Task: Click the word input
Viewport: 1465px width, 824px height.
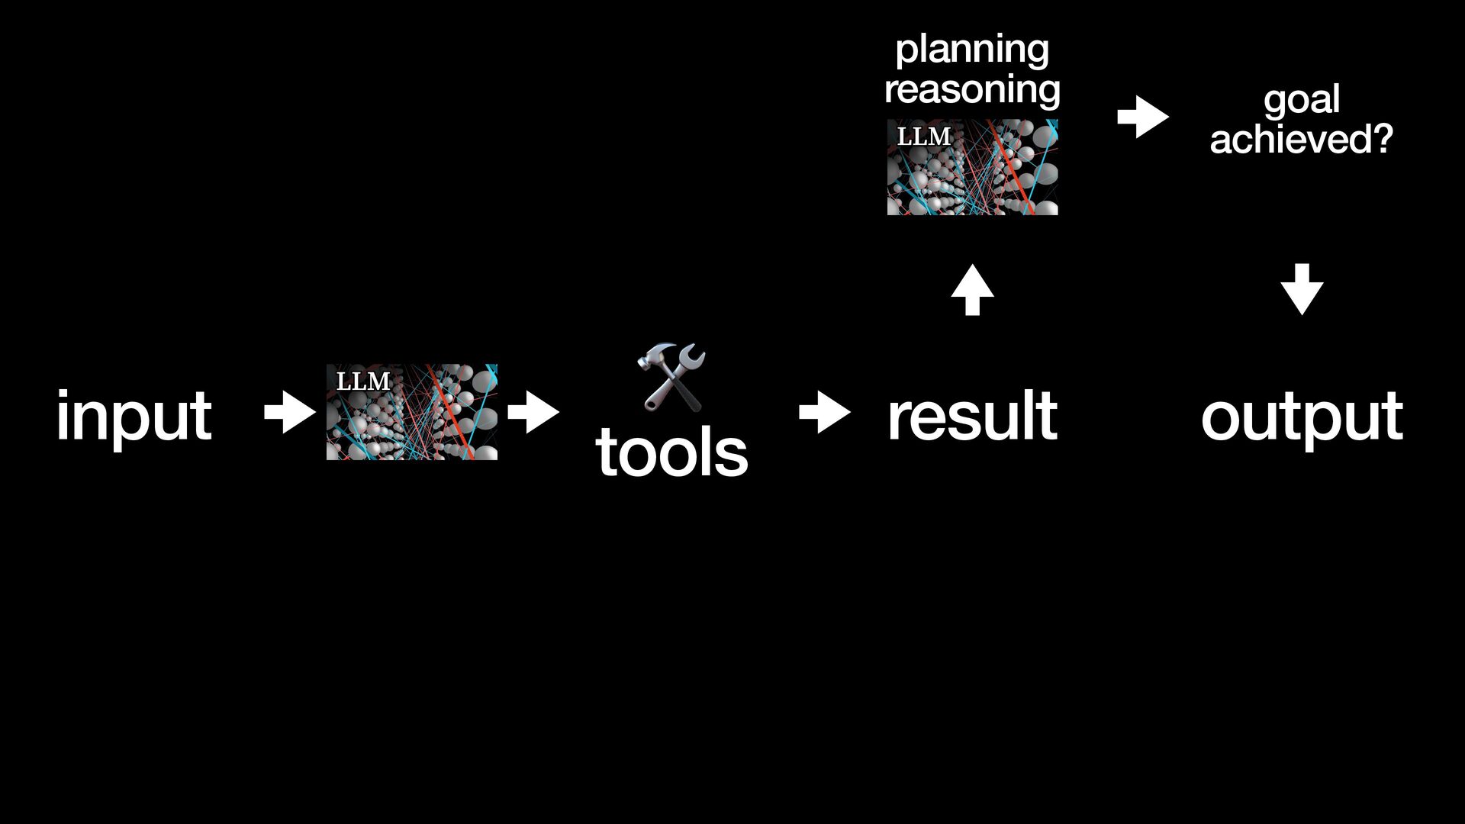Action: tap(134, 416)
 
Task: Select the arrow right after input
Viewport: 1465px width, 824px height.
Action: tap(289, 413)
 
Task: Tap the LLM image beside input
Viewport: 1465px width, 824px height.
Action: tap(412, 412)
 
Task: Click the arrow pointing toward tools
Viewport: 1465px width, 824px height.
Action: tap(533, 413)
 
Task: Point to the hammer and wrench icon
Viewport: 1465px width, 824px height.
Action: tap(671, 377)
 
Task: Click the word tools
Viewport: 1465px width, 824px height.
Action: tap(671, 452)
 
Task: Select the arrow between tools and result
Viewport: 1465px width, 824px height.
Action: tap(824, 413)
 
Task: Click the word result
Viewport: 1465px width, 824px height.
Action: tap(972, 416)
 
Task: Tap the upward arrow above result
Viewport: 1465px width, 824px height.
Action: tap(972, 289)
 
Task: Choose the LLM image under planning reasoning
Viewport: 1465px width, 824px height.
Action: tap(972, 167)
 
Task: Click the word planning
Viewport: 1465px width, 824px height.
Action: tap(972, 50)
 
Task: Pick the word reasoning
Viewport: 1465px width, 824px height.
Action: tap(972, 89)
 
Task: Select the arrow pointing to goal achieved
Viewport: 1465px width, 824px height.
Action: tap(1142, 117)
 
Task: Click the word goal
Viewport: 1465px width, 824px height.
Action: tap(1302, 101)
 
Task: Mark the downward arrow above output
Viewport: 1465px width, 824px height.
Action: tap(1302, 289)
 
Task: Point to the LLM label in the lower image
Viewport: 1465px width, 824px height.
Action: tap(363, 381)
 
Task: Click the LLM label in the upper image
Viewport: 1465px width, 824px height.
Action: tap(923, 137)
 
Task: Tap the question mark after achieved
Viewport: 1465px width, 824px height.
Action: tap(1383, 139)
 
